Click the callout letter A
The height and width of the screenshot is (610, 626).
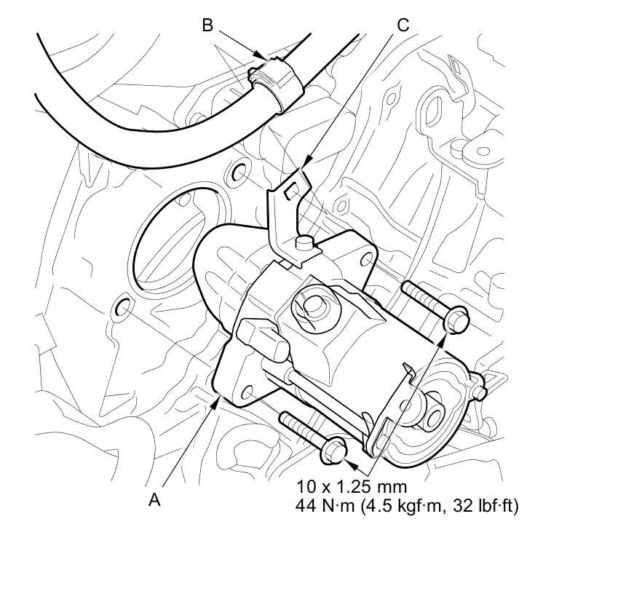tap(154, 499)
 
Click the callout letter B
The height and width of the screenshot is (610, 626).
tap(207, 25)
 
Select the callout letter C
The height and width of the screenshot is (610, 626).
tap(403, 25)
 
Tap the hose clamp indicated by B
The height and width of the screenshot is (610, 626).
tap(275, 81)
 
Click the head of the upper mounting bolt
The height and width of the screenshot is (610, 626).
tap(456, 319)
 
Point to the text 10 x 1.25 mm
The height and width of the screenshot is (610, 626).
tap(352, 487)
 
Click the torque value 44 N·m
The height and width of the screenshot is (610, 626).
tap(325, 506)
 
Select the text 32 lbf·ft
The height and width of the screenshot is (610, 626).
tap(484, 506)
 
